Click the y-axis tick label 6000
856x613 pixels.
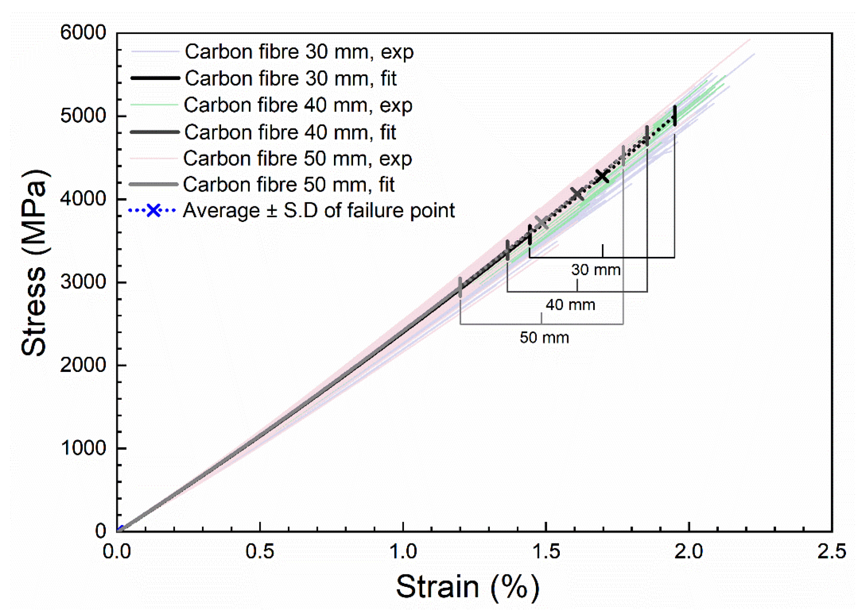[83, 33]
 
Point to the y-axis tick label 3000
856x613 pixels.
[83, 282]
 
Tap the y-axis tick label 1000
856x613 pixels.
[83, 448]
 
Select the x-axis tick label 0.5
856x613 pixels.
[260, 551]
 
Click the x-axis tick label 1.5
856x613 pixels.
[546, 551]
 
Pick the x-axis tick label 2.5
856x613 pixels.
[831, 551]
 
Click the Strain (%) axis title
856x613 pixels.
[467, 587]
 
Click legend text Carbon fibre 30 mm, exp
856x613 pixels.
[299, 52]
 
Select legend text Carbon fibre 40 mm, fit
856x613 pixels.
[290, 132]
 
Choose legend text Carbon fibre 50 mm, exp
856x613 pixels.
[297, 159]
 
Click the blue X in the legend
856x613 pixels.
[153, 211]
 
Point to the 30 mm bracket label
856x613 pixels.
[595, 270]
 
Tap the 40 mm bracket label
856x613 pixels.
[570, 305]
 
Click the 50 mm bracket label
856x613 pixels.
[544, 338]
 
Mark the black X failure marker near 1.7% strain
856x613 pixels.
[602, 176]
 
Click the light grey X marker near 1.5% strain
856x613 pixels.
[542, 222]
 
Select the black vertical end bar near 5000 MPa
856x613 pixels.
[674, 115]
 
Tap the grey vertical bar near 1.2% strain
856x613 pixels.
[460, 287]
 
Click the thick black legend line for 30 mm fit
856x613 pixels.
[155, 78]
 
